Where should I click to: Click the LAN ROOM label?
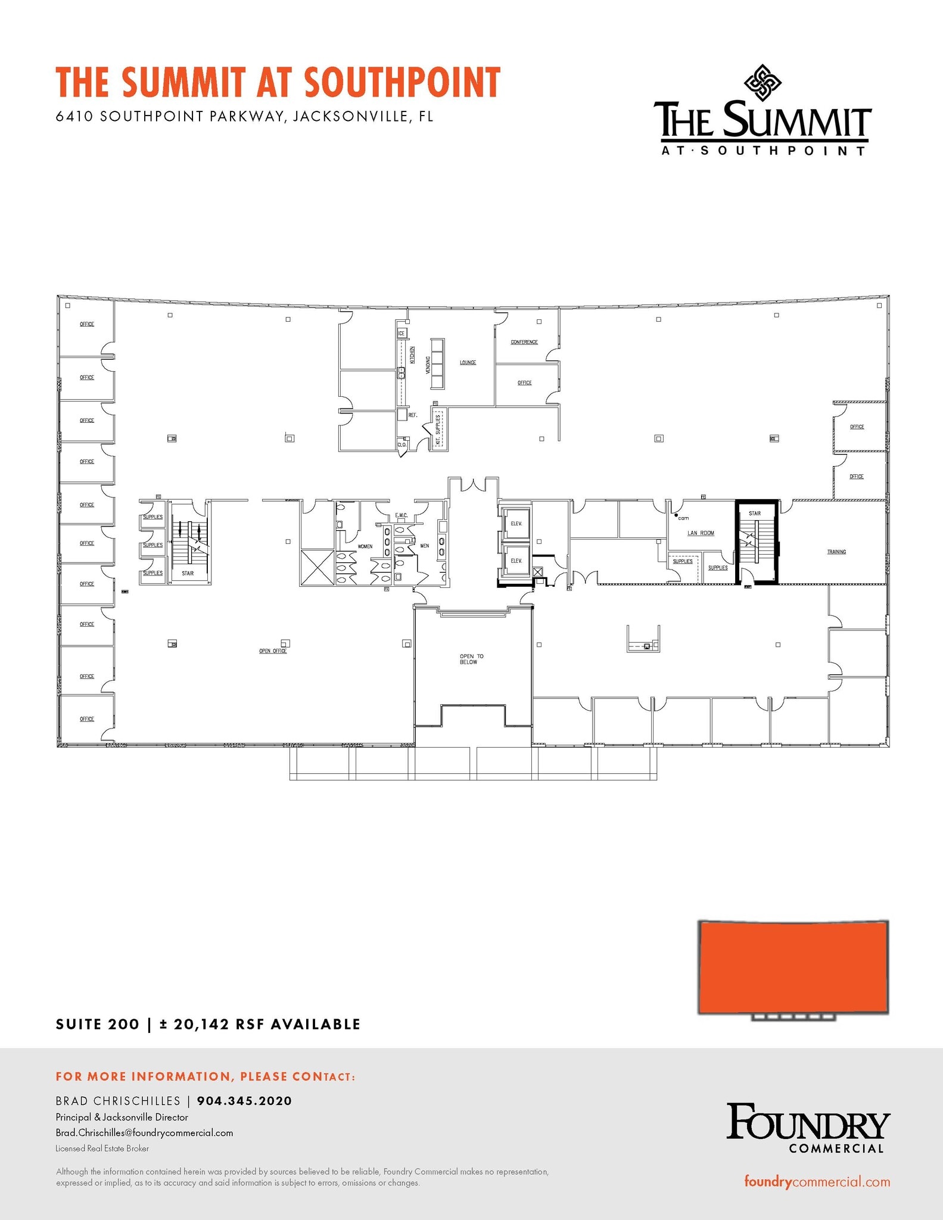point(701,533)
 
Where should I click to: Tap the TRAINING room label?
point(836,552)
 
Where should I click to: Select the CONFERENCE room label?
point(524,342)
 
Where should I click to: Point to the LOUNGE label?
point(468,362)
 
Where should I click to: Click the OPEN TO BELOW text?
point(471,659)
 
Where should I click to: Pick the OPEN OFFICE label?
point(273,651)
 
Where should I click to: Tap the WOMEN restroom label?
point(365,546)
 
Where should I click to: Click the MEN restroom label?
point(425,546)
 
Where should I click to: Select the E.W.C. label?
point(401,515)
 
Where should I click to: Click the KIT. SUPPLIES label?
point(438,430)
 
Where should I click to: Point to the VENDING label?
point(428,365)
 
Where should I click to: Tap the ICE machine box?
point(402,334)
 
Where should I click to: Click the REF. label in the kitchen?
point(413,415)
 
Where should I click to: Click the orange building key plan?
point(793,967)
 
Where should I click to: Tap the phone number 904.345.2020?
point(244,1101)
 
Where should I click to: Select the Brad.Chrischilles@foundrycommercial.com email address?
point(144,1132)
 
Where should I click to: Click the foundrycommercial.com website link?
point(817,1182)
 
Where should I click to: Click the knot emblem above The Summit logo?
point(763,82)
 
